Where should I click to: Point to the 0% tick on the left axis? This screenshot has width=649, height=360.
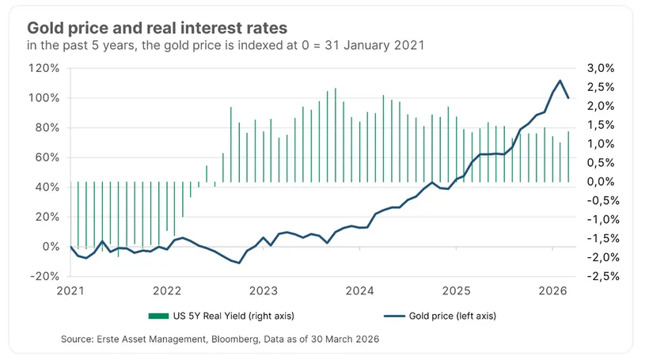49,247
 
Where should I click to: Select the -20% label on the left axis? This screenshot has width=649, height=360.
44,276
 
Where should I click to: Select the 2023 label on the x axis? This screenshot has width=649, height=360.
263,290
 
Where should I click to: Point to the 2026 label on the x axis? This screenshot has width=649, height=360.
552,290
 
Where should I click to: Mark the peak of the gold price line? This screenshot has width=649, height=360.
560,81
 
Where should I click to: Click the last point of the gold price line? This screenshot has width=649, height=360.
569,98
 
